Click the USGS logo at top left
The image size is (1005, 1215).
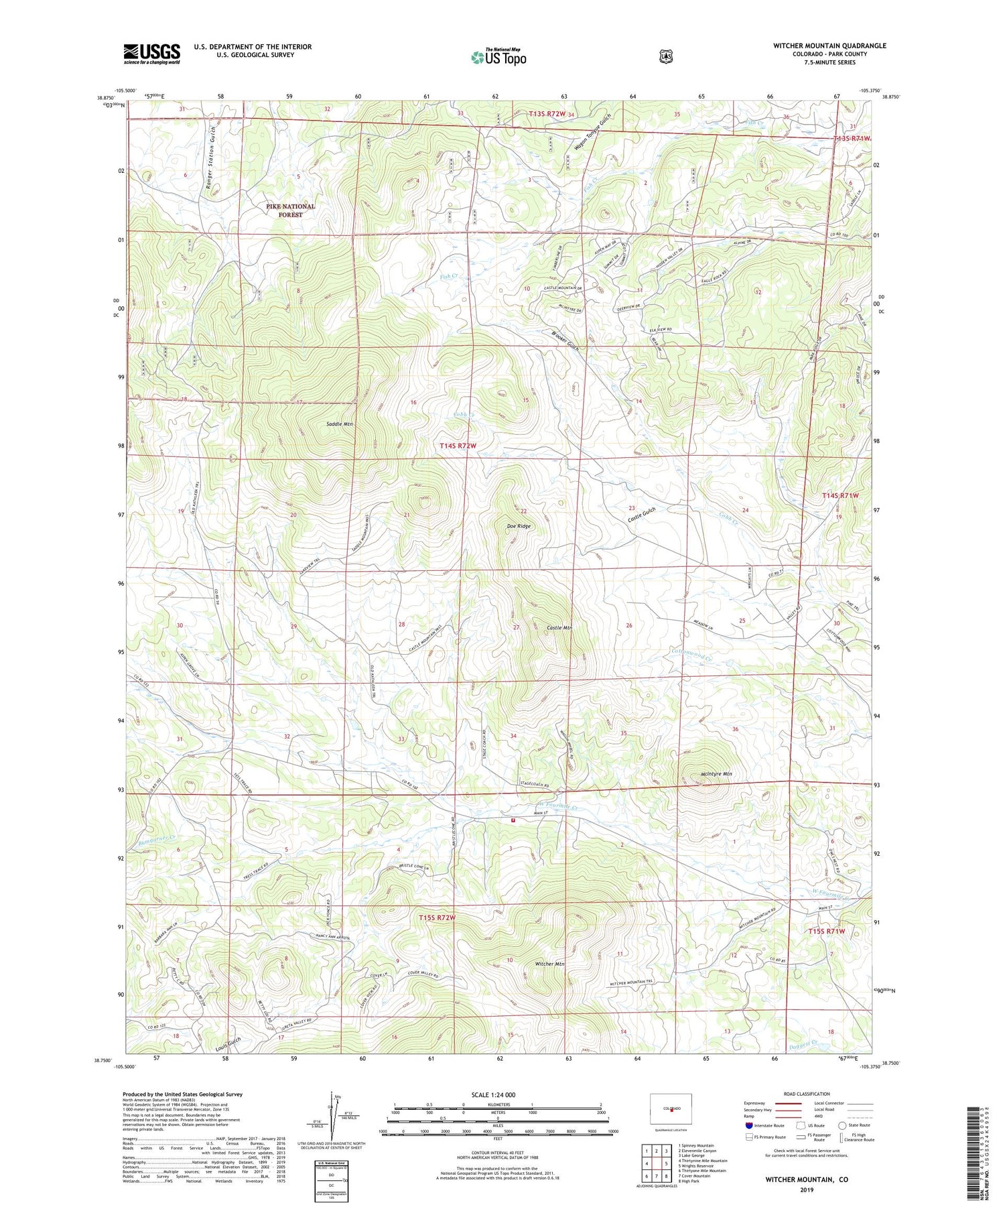point(151,54)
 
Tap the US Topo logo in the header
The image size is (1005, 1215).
point(499,57)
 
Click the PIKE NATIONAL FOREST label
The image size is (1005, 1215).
point(290,210)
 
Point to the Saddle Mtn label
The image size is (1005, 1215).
point(340,424)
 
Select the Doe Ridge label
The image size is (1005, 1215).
point(518,526)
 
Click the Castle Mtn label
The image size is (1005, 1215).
point(559,627)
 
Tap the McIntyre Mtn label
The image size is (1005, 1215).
point(711,773)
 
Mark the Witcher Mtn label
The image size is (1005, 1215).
point(550,964)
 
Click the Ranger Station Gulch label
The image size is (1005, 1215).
point(211,149)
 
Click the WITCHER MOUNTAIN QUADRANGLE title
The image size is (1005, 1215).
point(829,46)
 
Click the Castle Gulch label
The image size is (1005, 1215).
point(641,515)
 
